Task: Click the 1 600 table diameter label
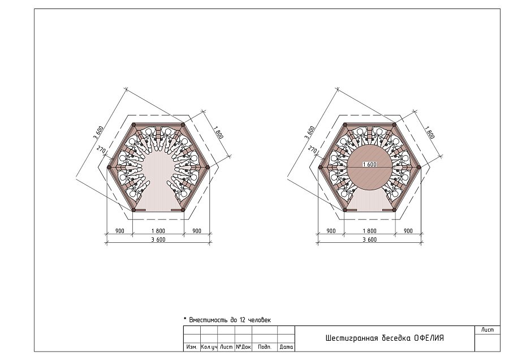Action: pos(369,164)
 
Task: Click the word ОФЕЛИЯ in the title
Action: pos(429,338)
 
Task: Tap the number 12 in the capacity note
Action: pos(243,320)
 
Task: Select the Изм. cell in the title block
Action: pos(192,347)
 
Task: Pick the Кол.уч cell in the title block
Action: pos(209,347)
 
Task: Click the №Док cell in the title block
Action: pos(243,347)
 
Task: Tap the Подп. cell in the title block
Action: pos(265,347)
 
